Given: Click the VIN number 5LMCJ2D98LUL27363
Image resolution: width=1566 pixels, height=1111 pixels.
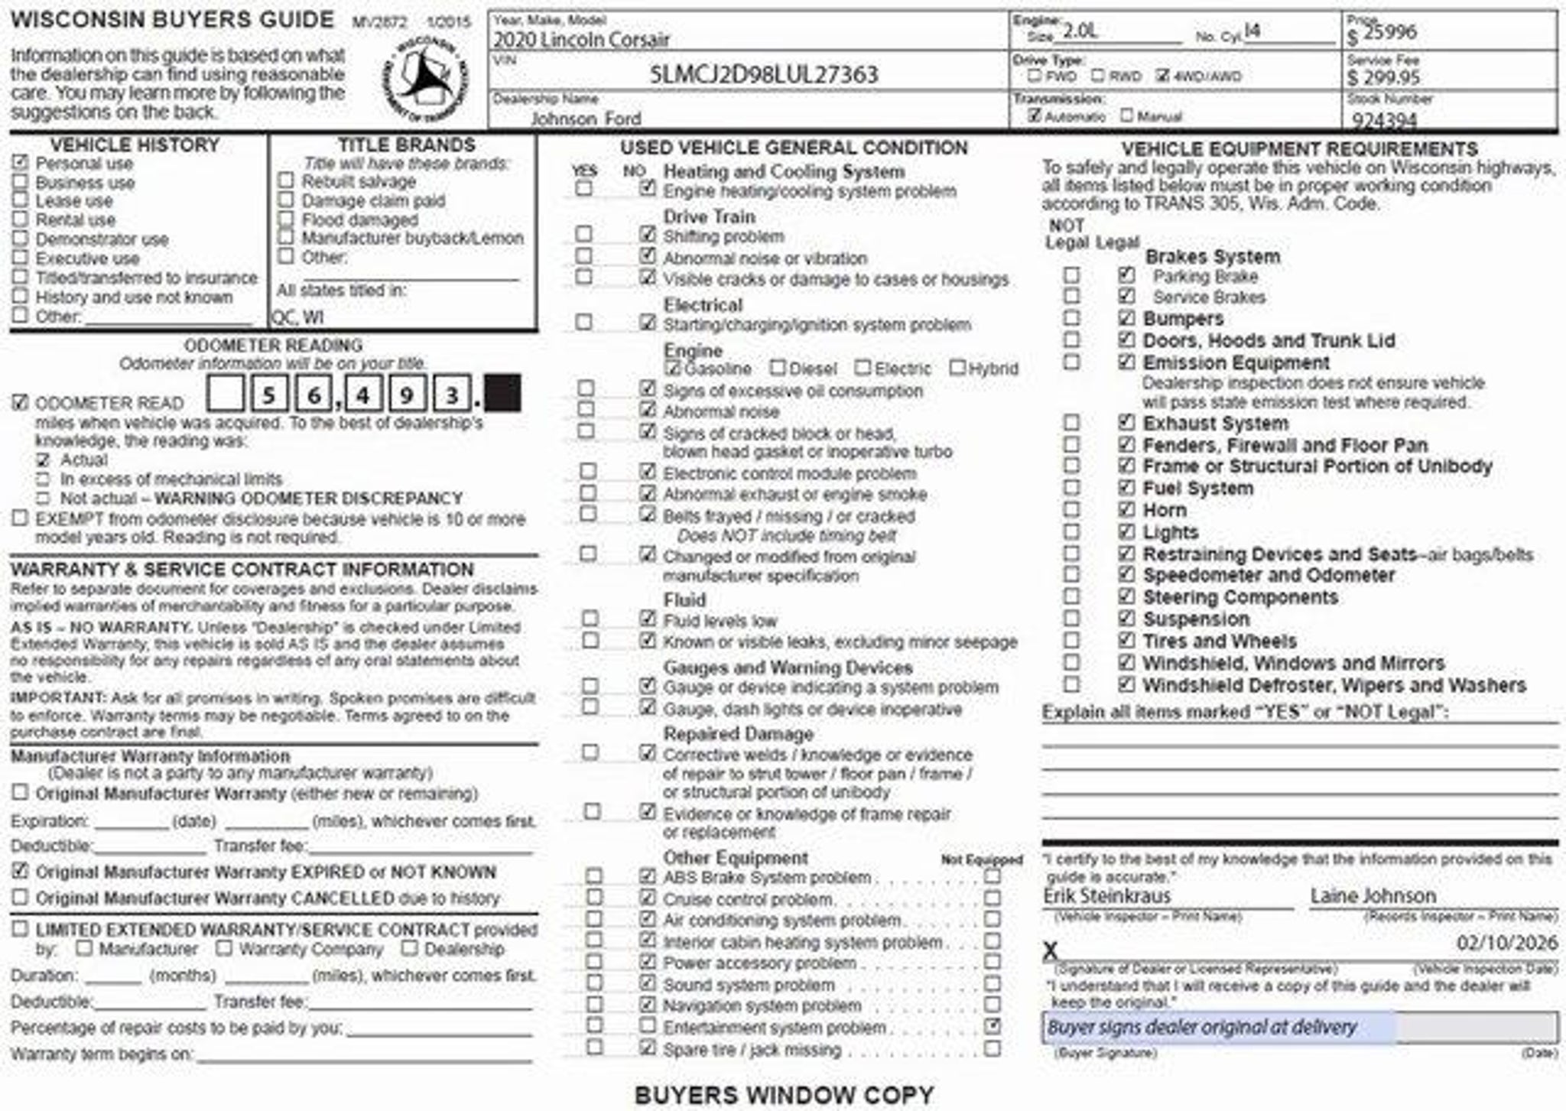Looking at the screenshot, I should pyautogui.click(x=763, y=75).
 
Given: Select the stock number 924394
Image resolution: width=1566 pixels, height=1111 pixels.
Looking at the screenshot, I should pyautogui.click(x=1384, y=120).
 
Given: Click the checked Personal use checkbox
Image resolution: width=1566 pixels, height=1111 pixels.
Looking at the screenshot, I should pyautogui.click(x=21, y=163).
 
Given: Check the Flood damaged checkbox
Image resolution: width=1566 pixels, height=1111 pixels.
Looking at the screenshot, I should pyautogui.click(x=286, y=219).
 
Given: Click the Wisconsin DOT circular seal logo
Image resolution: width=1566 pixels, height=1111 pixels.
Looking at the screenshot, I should pyautogui.click(x=426, y=77).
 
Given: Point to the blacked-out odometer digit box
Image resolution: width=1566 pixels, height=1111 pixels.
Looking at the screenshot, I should pyautogui.click(x=502, y=394).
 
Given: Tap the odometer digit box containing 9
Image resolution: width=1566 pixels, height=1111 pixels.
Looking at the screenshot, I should pyautogui.click(x=407, y=394).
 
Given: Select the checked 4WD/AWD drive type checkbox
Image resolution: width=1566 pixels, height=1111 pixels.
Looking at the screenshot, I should pyautogui.click(x=1163, y=76).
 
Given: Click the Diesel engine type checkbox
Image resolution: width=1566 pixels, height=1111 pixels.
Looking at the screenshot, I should pyautogui.click(x=778, y=369).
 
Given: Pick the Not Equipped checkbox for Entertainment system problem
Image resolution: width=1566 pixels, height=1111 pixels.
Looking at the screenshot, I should pyautogui.click(x=993, y=1026).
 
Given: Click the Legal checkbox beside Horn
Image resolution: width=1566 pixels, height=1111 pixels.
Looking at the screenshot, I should pyautogui.click(x=1126, y=510).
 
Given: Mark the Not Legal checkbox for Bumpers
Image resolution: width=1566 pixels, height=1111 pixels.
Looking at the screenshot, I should pyautogui.click(x=1072, y=318).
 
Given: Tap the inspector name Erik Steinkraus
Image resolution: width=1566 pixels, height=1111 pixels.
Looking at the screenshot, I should pyautogui.click(x=1106, y=895).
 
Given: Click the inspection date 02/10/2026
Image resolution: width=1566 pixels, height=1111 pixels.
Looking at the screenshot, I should pyautogui.click(x=1506, y=943).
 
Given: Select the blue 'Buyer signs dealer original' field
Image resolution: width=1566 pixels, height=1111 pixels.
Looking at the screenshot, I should pyautogui.click(x=1219, y=1028).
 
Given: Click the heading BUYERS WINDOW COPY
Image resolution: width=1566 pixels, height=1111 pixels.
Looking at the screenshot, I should pyautogui.click(x=784, y=1095).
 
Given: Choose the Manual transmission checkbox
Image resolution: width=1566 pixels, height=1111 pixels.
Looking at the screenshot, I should pyautogui.click(x=1126, y=116).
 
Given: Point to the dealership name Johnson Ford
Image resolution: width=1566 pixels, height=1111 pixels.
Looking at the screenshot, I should pyautogui.click(x=586, y=119).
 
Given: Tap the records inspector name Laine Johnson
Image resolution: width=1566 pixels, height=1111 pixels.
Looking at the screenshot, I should pyautogui.click(x=1373, y=895).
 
